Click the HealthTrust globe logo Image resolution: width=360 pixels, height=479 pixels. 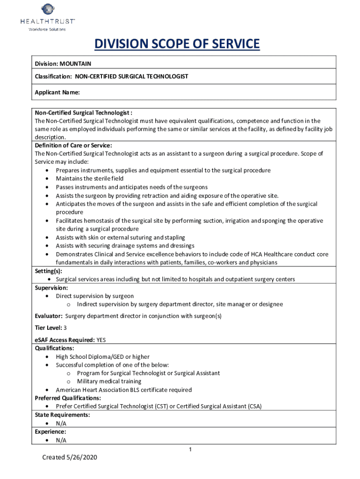[48, 9]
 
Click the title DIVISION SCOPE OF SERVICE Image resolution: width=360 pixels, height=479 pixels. [177, 44]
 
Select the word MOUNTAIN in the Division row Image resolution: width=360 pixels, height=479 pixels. [75, 63]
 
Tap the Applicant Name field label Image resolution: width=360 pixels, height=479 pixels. [57, 93]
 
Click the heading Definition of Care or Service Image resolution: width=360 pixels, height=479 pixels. [73, 145]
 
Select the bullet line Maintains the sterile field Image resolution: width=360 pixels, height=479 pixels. [90, 179]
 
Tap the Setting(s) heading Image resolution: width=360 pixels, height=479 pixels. [49, 271]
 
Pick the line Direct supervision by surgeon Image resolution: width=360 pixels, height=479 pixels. [95, 296]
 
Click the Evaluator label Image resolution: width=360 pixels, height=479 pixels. [48, 316]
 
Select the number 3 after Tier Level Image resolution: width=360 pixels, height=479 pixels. [65, 327]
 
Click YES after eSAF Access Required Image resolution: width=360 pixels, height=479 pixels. [101, 340]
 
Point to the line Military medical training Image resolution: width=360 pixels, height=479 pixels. [109, 382]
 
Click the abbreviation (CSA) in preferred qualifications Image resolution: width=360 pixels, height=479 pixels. [255, 406]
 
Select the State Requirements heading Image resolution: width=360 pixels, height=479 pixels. [63, 415]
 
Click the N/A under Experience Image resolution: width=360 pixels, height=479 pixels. [61, 440]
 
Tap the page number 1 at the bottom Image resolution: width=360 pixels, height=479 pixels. [190, 450]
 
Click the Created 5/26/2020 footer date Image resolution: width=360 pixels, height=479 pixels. [69, 457]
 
